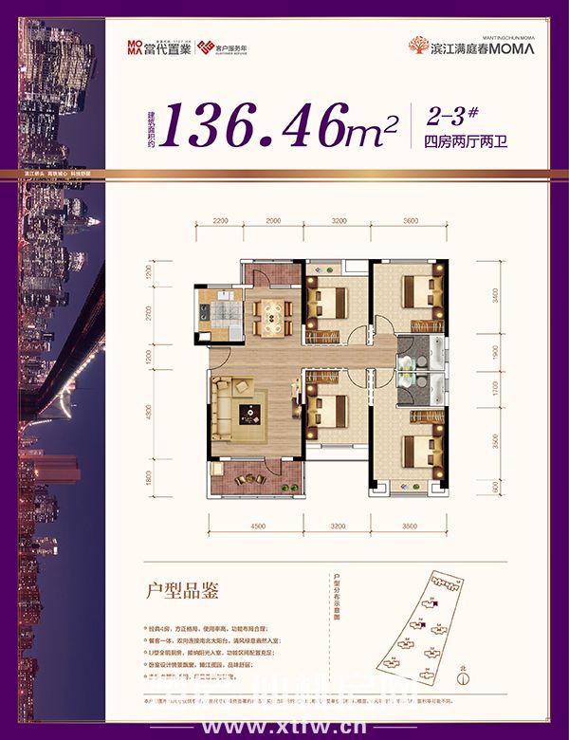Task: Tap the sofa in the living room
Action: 226,406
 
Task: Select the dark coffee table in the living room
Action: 251,412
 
